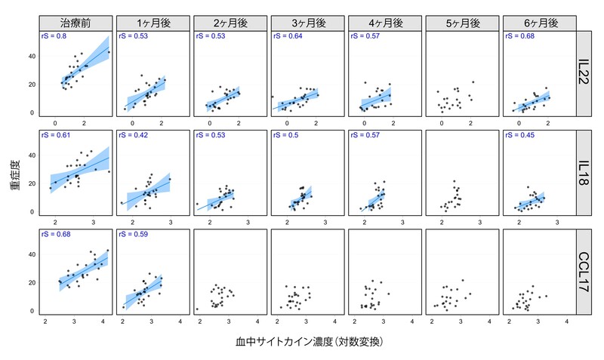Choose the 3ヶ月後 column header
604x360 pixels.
pyautogui.click(x=307, y=23)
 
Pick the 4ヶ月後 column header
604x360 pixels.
pyautogui.click(x=384, y=23)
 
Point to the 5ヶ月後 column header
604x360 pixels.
pyautogui.click(x=461, y=23)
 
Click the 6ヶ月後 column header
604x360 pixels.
pyautogui.click(x=539, y=23)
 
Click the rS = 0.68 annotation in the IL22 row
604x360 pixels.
pyautogui.click(x=519, y=36)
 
